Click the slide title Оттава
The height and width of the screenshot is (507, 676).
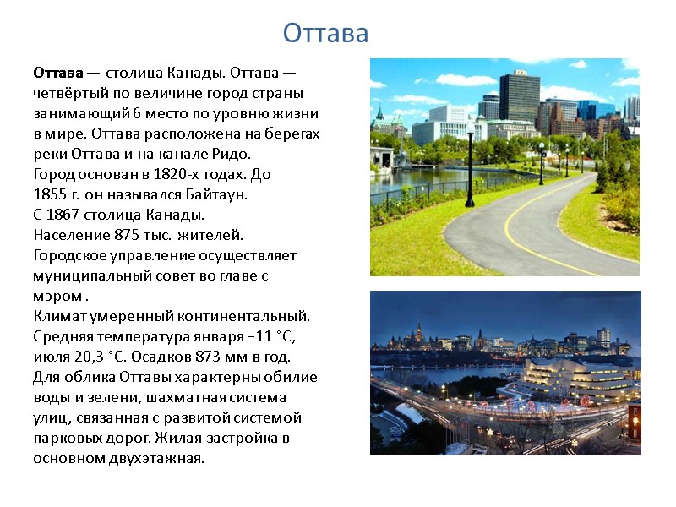326,34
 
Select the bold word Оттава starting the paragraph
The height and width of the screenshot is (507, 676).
57,74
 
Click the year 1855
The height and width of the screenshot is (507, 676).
52,195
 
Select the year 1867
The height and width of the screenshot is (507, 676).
63,215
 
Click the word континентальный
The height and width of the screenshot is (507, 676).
244,316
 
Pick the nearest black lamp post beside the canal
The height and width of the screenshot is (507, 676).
470,165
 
